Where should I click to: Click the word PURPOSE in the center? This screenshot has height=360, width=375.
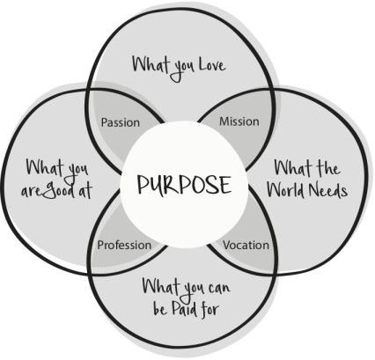[x=184, y=185]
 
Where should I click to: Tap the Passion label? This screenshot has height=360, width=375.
[x=121, y=122]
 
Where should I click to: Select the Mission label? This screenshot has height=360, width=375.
[x=239, y=121]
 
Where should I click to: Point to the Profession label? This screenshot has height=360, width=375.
[x=124, y=245]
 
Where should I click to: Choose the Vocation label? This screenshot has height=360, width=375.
[x=246, y=245]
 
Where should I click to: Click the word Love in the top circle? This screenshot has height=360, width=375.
[x=212, y=65]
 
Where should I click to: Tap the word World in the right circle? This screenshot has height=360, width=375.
[x=285, y=190]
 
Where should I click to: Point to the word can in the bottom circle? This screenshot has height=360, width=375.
[x=219, y=288]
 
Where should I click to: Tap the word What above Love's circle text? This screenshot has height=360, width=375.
[x=151, y=64]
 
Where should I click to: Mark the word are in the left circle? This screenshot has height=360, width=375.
[x=32, y=192]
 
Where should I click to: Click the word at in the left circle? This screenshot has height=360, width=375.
[x=85, y=190]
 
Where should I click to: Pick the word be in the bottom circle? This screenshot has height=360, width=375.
[x=160, y=309]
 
